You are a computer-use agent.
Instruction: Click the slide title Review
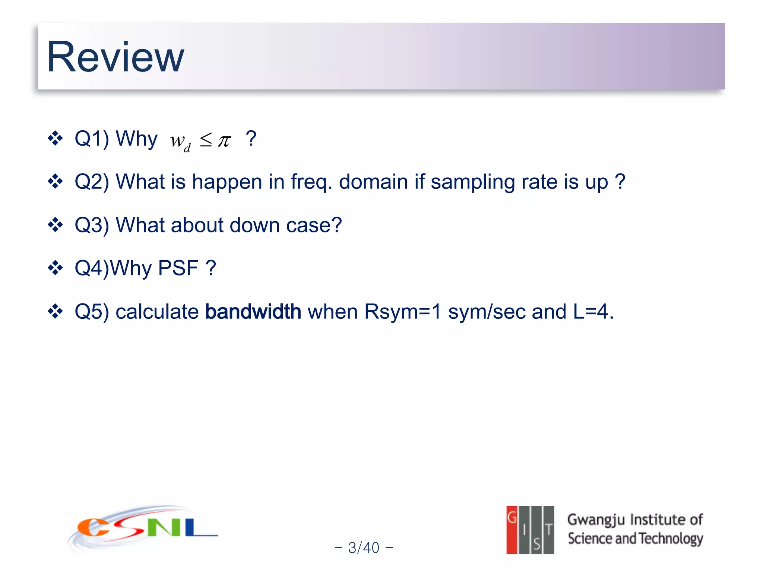click(x=115, y=57)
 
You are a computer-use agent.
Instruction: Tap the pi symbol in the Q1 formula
click(x=224, y=141)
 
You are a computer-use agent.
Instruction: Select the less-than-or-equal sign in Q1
click(x=206, y=140)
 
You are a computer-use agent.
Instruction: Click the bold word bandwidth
click(x=253, y=311)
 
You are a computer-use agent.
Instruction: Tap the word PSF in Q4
click(x=178, y=268)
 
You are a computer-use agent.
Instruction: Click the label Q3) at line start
click(x=92, y=225)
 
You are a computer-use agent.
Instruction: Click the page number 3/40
click(x=364, y=547)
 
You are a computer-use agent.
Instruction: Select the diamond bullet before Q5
click(x=56, y=311)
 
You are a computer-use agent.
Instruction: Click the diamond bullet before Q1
click(x=56, y=138)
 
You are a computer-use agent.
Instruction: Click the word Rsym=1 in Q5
click(x=402, y=311)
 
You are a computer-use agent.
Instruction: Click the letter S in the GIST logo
click(x=536, y=544)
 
